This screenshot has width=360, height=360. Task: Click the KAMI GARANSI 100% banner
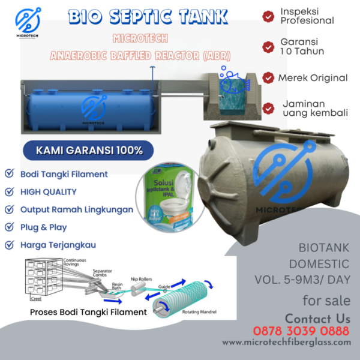85,150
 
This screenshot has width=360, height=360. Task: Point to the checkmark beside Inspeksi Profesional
268,16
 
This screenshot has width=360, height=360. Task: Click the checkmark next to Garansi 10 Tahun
268,46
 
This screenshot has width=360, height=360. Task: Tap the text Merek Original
313,78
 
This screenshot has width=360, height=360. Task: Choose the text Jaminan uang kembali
310,109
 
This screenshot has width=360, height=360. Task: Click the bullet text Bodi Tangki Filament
64,174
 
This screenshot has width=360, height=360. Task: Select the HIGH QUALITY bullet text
49,192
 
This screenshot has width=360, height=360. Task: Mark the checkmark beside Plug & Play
10,227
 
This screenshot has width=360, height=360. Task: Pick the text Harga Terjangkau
58,245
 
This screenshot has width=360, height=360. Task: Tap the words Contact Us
317,318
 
